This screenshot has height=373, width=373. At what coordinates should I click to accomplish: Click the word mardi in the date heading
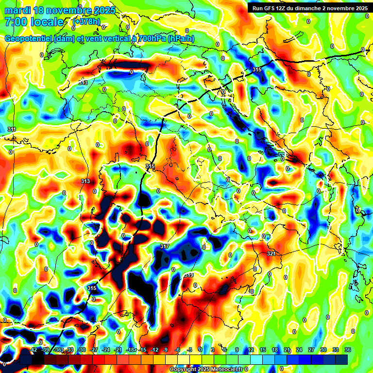(16, 10)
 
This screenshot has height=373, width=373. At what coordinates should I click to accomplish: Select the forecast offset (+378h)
(86, 22)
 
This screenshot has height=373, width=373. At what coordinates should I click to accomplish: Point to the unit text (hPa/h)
(181, 39)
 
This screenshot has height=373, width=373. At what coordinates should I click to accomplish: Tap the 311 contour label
(12, 129)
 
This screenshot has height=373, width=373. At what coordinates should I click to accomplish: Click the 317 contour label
(165, 247)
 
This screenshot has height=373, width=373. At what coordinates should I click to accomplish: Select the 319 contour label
(189, 275)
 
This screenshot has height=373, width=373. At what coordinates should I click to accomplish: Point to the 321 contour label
(271, 254)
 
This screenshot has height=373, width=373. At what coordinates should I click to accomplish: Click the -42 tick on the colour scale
(34, 350)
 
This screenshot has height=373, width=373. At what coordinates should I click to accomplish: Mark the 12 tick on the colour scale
(251, 350)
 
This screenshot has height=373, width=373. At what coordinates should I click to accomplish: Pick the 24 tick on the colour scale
(299, 350)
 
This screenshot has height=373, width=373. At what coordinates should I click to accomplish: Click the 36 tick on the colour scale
(347, 350)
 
